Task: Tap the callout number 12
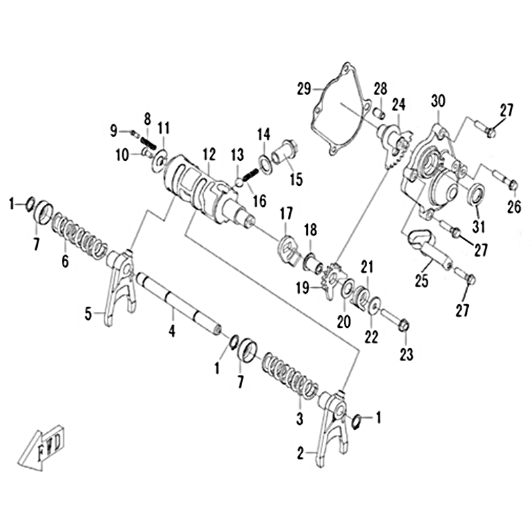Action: (x=209, y=155)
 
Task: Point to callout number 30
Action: (x=438, y=101)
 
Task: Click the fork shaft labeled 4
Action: (x=178, y=304)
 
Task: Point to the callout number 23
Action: (x=406, y=354)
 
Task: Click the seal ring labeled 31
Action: (x=476, y=194)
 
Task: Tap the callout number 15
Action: (x=296, y=180)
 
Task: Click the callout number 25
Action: (x=422, y=281)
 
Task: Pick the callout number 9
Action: (x=114, y=130)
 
